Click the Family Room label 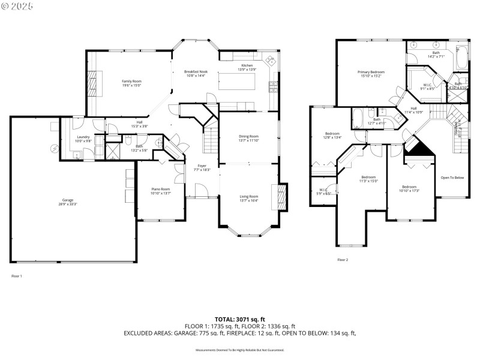[x=131, y=83]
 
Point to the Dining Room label [x=248, y=138]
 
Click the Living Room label [x=248, y=198]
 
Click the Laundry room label [x=83, y=139]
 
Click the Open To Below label [x=452, y=178]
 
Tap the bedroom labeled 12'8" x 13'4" [x=333, y=135]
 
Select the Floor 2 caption [x=343, y=260]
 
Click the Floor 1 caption [x=17, y=276]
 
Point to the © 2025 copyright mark [x=17, y=6]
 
